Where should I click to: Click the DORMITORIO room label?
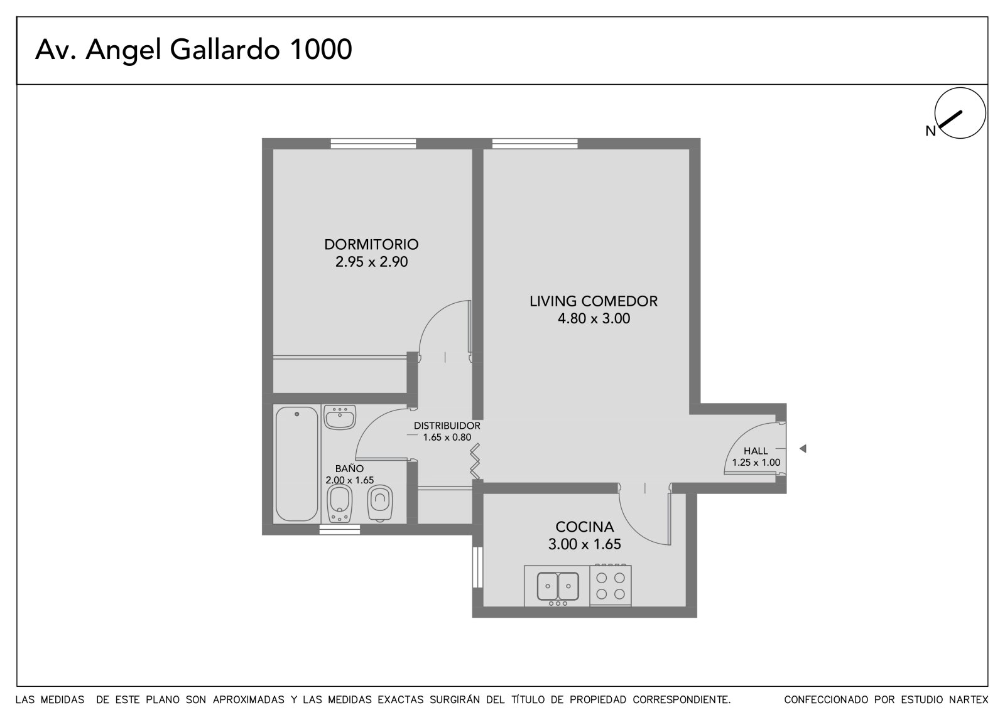point(371,244)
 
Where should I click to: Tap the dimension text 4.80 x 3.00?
point(594,318)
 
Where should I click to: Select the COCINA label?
point(584,527)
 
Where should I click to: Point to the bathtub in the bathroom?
point(296,464)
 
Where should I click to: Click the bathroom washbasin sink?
point(340,417)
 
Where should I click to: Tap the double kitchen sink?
point(558,586)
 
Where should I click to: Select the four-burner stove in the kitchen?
point(610,585)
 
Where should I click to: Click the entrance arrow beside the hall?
point(803,448)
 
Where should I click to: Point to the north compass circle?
point(960,113)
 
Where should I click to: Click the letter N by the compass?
point(930,131)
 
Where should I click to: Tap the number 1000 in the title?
point(321,50)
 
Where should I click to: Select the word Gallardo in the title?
point(225,50)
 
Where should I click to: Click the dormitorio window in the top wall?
point(373,144)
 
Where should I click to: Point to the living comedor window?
point(535,144)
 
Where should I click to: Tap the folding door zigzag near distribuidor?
point(475,461)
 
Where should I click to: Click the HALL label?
point(756,451)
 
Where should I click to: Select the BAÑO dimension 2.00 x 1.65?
point(349,480)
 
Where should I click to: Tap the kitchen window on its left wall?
point(477,567)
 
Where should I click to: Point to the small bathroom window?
point(340,530)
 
